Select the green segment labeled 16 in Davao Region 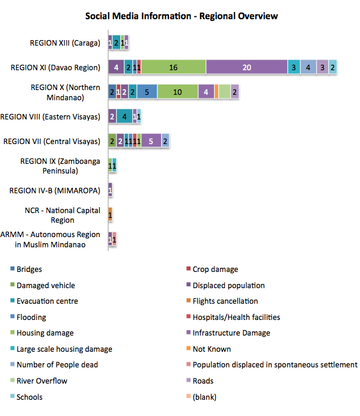173,67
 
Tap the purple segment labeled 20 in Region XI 246,67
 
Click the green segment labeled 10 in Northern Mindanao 177,91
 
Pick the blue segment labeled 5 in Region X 147,91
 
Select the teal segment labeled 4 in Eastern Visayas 124,116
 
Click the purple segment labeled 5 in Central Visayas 151,140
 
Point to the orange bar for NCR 110,214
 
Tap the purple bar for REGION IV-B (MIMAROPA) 110,190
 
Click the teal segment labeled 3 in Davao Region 293,67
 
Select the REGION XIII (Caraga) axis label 65,43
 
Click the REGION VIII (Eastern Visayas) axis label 50,116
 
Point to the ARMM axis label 50,240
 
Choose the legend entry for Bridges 26,269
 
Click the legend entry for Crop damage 212,269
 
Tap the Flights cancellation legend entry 222,301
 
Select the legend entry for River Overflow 39,381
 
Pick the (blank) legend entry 201,397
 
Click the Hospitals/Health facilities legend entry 233,317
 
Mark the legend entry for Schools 26,397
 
